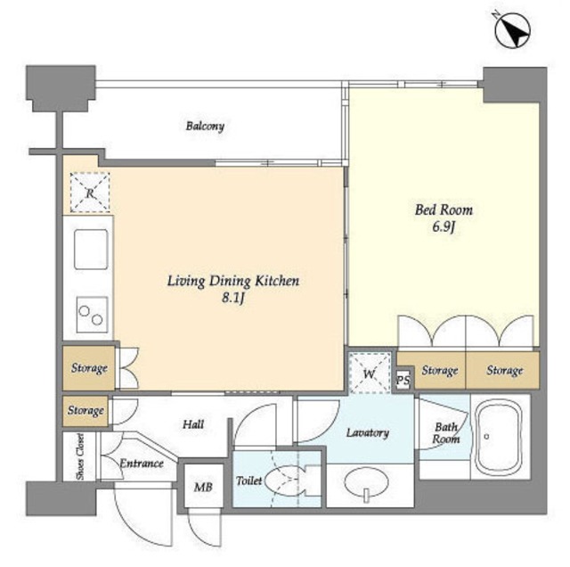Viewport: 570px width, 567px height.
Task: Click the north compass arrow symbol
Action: click(x=513, y=29)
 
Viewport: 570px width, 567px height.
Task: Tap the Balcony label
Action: click(x=205, y=127)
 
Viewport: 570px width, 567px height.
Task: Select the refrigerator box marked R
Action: click(x=90, y=193)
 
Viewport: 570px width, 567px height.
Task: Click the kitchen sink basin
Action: click(x=91, y=250)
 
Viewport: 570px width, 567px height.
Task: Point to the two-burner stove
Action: click(x=93, y=315)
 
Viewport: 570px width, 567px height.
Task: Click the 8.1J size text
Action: click(x=233, y=299)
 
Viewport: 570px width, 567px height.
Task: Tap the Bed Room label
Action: click(x=444, y=210)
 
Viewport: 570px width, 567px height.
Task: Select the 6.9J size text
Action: click(x=444, y=227)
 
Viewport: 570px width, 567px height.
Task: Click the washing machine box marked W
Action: click(x=370, y=373)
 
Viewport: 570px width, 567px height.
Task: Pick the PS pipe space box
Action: click(x=403, y=380)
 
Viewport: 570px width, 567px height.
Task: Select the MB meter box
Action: click(x=203, y=486)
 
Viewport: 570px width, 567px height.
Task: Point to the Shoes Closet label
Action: click(x=80, y=456)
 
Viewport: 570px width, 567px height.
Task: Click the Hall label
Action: click(x=193, y=424)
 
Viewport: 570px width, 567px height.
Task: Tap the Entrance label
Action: click(x=142, y=464)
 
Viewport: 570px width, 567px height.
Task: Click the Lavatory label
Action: click(x=368, y=432)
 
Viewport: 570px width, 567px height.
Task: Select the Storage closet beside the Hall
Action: click(x=85, y=411)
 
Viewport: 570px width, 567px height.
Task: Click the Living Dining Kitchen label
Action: click(x=233, y=282)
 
